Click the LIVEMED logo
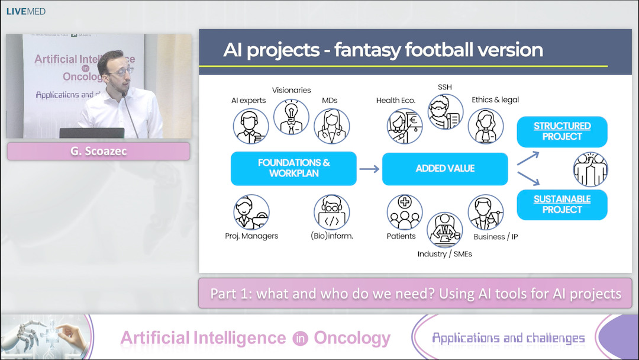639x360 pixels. tap(26, 11)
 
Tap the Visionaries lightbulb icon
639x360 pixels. tap(291, 117)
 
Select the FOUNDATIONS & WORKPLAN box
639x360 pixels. tap(293, 168)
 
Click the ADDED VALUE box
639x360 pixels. tap(445, 169)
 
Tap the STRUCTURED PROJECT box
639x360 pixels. tap(562, 131)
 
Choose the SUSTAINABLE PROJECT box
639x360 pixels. tap(562, 204)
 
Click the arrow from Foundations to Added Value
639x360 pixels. tap(369, 169)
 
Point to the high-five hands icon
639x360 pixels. tap(590, 169)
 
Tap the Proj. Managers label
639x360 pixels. tap(251, 236)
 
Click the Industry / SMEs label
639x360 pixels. tap(445, 254)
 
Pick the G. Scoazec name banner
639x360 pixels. tap(98, 152)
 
